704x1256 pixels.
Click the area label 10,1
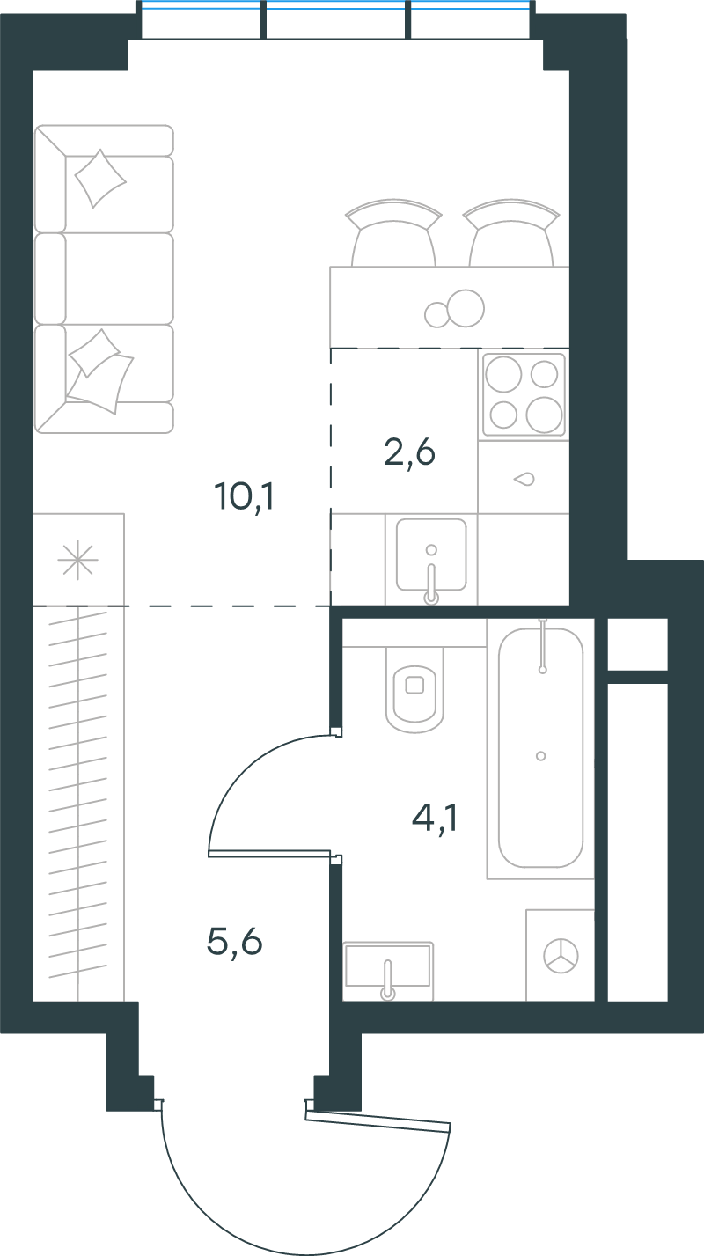(x=245, y=496)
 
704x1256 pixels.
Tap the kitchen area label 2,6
(x=409, y=452)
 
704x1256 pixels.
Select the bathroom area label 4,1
(x=435, y=819)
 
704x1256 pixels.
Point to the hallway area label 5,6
(x=234, y=941)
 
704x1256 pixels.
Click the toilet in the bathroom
(x=414, y=690)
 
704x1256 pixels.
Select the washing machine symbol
(x=561, y=956)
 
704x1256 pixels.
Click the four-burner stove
(x=524, y=393)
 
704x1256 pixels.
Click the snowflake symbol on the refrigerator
(x=78, y=560)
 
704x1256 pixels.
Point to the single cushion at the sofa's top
(x=100, y=179)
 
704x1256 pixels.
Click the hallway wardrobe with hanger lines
(x=78, y=803)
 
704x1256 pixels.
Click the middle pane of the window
(x=335, y=19)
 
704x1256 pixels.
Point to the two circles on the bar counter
(x=455, y=309)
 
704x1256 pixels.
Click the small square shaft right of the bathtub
(x=637, y=643)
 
